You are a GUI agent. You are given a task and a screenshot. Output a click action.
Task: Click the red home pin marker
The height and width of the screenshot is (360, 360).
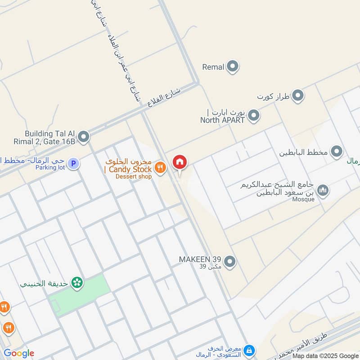coord(180,162)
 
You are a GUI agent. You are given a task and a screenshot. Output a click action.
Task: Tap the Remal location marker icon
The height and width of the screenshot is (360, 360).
coord(232,67)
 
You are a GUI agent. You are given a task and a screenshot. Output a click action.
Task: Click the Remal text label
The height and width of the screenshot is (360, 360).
coord(213,67)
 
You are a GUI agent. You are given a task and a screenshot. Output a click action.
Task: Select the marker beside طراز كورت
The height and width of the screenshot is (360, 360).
coord(297,95)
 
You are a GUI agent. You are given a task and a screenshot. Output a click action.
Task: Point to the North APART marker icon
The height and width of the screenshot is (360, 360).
coord(254,116)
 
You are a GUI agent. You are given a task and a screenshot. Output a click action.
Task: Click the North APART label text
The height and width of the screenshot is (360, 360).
coord(223,120)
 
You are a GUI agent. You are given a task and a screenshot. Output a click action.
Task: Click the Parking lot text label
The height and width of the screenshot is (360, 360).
coord(50,167)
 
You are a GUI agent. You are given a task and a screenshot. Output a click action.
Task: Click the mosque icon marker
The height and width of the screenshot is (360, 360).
coord(322,191)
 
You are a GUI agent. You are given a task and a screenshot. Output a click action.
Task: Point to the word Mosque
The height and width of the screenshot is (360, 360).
coord(303,199)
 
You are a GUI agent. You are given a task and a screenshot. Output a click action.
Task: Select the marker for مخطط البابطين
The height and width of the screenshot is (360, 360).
coord(337,152)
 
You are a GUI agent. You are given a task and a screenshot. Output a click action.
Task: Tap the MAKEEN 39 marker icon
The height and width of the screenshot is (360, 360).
coord(230,261)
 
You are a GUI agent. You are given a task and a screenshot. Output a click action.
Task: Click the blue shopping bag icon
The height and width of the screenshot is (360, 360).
coord(249,351)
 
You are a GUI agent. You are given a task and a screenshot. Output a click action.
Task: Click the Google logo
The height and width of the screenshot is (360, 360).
coord(18,353)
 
